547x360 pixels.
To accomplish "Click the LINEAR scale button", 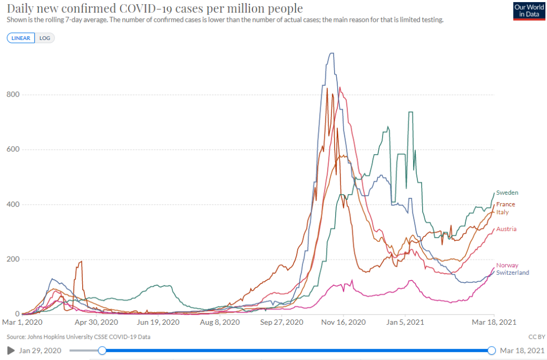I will point(21,38).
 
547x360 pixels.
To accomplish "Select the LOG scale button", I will point(44,38).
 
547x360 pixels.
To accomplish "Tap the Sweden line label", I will point(507,193).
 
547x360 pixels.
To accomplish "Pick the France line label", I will point(505,204).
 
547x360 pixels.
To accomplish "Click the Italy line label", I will point(502,212).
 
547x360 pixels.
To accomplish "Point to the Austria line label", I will point(506,229).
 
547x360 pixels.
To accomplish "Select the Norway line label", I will point(507,266).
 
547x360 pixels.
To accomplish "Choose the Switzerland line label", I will point(512,273).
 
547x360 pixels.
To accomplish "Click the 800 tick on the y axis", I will point(14,95).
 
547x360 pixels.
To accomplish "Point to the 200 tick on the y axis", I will point(14,260).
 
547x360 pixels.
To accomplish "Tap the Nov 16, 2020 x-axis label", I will point(347,323).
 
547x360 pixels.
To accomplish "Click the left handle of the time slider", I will point(102,350).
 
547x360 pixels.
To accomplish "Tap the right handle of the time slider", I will point(491,350).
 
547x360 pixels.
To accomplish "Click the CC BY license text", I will point(537,337).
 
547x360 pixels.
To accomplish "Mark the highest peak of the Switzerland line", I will point(331,53).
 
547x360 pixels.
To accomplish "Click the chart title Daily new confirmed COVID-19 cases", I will point(155,9).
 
